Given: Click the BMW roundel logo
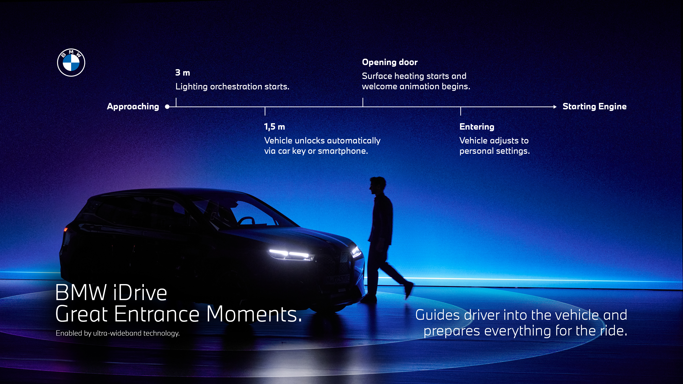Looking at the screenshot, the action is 71,63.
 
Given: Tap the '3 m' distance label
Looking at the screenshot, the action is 183,73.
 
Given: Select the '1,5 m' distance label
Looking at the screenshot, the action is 274,127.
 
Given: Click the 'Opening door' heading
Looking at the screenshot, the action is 390,62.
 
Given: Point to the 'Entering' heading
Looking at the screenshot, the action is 477,127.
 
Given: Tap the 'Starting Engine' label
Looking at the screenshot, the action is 594,106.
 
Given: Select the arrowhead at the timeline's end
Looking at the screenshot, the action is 555,107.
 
